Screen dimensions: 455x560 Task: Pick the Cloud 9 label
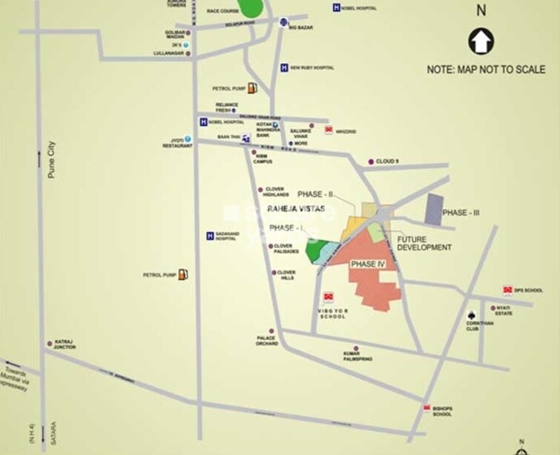(x=387, y=161)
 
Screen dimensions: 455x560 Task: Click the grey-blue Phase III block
(x=433, y=210)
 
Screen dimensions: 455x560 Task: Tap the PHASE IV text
(x=368, y=264)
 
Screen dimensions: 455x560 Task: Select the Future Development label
(x=424, y=243)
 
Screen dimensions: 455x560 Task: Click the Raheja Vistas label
(x=296, y=210)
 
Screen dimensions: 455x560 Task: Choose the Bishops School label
(x=442, y=411)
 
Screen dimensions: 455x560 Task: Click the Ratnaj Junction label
(x=65, y=345)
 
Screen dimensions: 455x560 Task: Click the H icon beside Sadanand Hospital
(x=210, y=236)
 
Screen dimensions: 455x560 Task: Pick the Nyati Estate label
(x=504, y=310)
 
